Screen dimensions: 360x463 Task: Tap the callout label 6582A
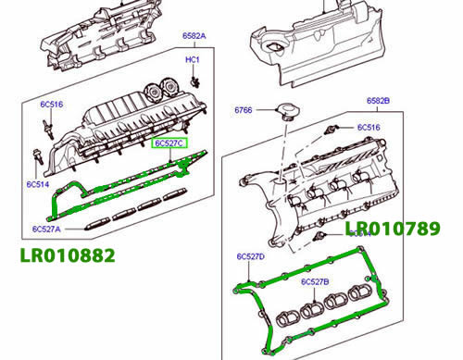pyautogui.click(x=195, y=35)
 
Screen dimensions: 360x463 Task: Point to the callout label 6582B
pyautogui.click(x=377, y=99)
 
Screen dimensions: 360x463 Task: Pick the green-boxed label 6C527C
pyautogui.click(x=169, y=143)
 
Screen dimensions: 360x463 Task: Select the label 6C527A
pyautogui.click(x=45, y=229)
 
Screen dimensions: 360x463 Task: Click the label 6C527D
pyautogui.click(x=250, y=255)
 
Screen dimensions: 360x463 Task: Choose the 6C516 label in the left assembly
pyautogui.click(x=51, y=105)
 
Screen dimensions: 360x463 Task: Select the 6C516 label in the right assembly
pyautogui.click(x=369, y=127)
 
